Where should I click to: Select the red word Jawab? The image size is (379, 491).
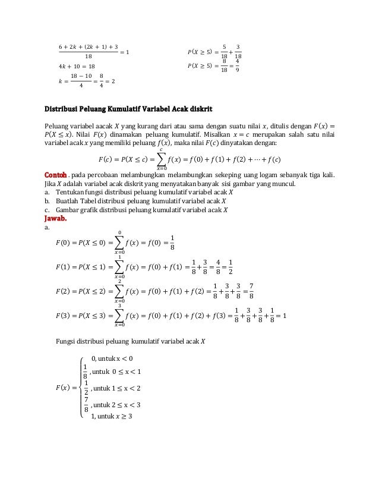click(x=56, y=218)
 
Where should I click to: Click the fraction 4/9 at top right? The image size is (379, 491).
click(x=238, y=65)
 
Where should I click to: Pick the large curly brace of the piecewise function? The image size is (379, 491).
click(x=81, y=388)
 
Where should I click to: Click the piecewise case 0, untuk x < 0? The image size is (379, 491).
click(x=112, y=358)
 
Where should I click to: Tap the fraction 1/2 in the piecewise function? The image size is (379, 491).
click(x=87, y=388)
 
